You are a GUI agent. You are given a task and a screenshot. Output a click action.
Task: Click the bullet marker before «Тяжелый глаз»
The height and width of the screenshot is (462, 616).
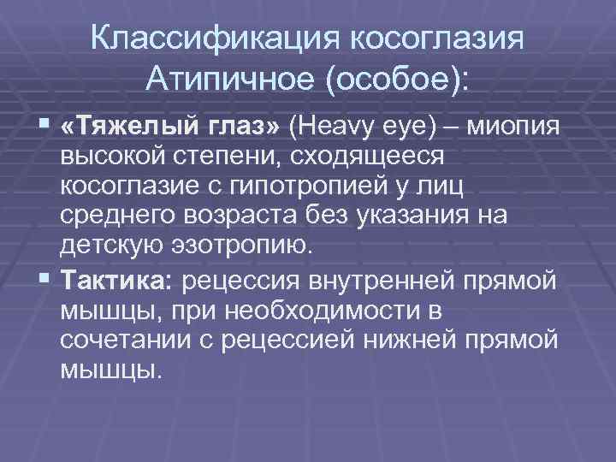pyautogui.click(x=44, y=127)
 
